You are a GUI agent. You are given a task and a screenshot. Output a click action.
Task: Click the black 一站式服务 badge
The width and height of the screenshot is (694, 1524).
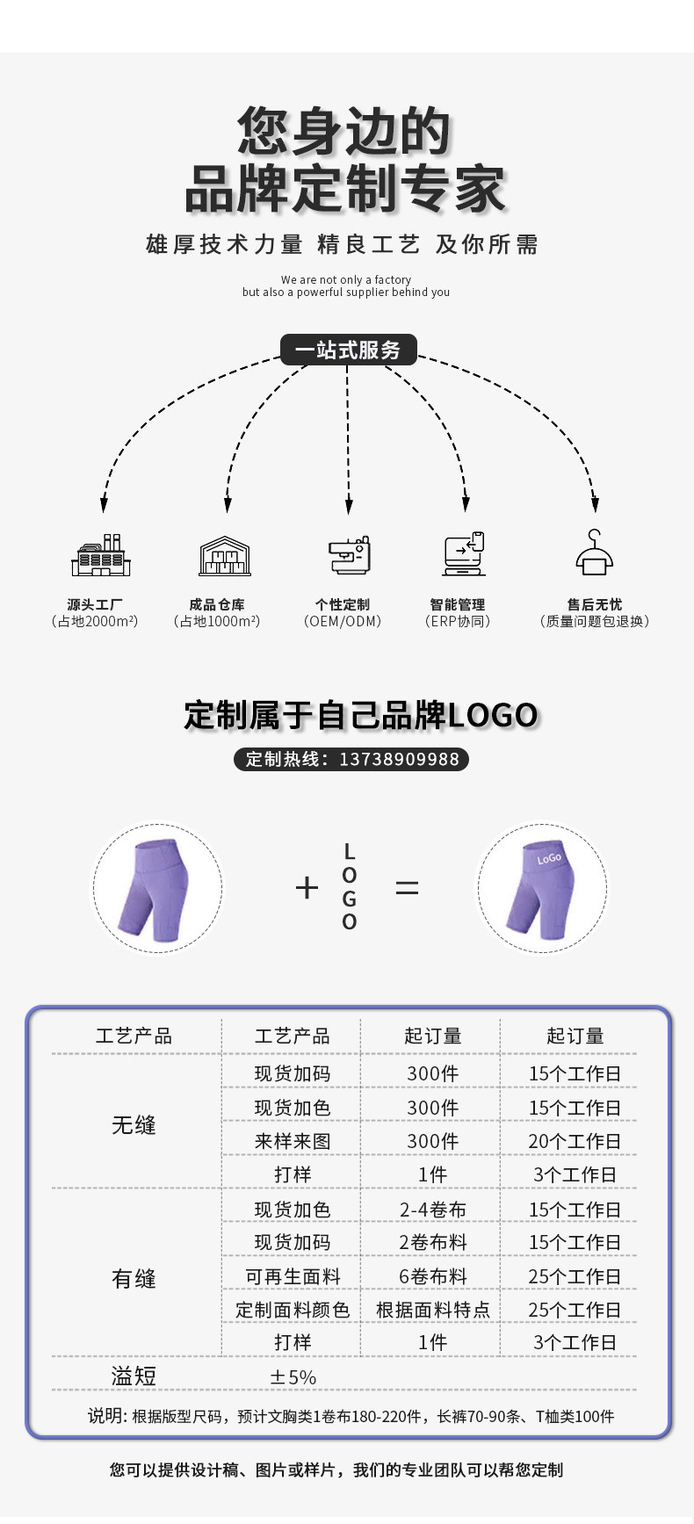[348, 350]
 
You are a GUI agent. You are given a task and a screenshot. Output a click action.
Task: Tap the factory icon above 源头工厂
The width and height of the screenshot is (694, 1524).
[101, 555]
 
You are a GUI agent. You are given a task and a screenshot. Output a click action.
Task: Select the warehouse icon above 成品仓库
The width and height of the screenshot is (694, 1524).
[225, 556]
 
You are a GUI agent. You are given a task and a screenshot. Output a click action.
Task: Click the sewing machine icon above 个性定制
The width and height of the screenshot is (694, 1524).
[350, 555]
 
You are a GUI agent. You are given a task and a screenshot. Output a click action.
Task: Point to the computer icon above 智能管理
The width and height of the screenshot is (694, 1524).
[464, 554]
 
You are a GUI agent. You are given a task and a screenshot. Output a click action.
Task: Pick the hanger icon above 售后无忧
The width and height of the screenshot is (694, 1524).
[595, 553]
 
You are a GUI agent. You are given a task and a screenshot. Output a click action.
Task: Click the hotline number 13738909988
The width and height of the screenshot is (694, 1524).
[399, 759]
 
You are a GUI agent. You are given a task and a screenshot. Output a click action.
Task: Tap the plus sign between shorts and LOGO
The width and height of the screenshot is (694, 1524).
[307, 888]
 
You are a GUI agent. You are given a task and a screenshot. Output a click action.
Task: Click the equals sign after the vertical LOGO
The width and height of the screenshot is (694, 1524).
[407, 888]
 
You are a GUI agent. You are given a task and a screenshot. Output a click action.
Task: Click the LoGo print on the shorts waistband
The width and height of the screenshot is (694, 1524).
[549, 858]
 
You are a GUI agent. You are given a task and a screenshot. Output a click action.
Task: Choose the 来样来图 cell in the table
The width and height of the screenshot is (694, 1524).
[292, 1141]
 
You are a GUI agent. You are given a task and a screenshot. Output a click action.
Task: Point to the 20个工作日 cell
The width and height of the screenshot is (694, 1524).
[575, 1141]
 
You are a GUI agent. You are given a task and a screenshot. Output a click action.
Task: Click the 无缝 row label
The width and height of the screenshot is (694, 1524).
[134, 1125]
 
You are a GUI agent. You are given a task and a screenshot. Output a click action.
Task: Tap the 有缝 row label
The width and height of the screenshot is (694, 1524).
[134, 1279]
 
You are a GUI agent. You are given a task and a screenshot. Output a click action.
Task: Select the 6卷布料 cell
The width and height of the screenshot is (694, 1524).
[432, 1276]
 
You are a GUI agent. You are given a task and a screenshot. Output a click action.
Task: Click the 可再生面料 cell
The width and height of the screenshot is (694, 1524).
[292, 1276]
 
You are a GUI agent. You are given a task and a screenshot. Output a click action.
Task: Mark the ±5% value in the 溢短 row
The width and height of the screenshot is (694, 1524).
[293, 1377]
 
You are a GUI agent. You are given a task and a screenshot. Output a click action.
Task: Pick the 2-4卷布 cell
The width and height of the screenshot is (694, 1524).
[432, 1210]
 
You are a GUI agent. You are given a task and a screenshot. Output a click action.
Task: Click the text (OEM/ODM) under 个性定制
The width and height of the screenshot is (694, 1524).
[343, 621]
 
